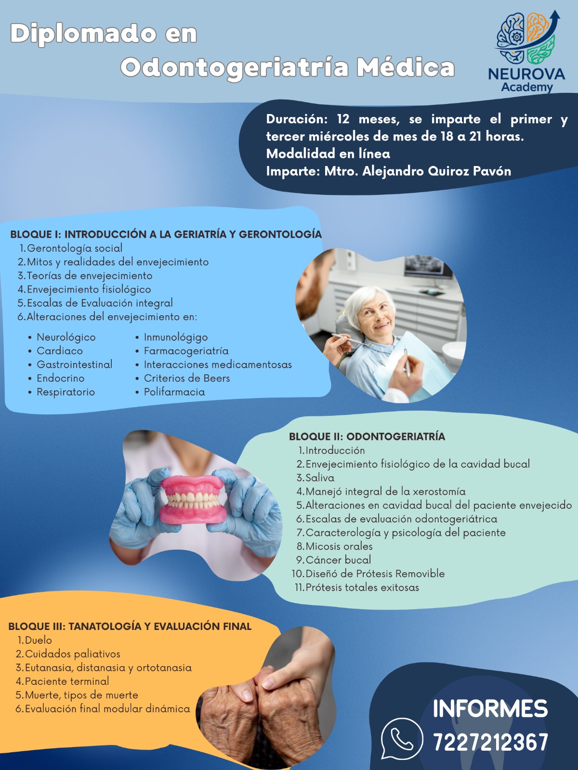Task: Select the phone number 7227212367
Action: [490, 742]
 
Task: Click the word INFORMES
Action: [490, 708]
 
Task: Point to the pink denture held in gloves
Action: [193, 500]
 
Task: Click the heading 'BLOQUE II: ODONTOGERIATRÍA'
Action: [367, 436]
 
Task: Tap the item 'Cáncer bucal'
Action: [338, 560]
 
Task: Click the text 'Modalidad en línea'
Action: [328, 154]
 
